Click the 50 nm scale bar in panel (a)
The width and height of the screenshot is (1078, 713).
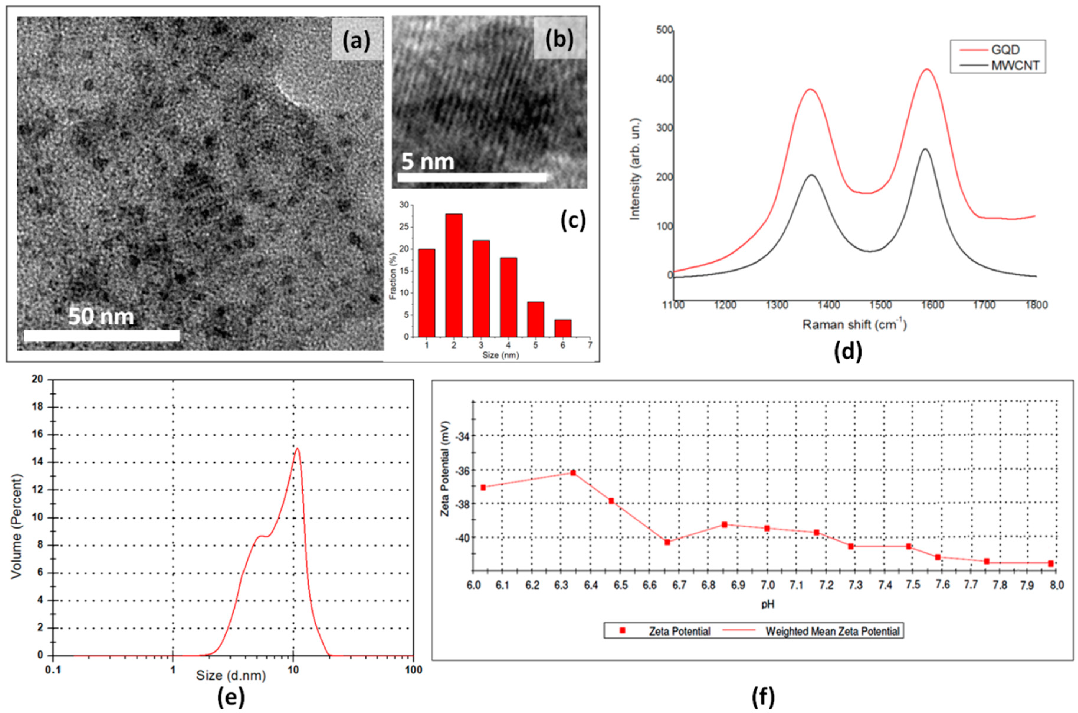102,336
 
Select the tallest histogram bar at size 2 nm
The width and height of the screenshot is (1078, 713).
454,275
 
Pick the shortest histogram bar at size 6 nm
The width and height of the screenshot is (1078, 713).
563,328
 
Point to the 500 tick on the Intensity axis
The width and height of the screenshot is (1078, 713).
664,30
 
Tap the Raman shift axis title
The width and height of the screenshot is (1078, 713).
854,325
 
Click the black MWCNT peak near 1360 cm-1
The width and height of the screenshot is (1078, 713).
811,175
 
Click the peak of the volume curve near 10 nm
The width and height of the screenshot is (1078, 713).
297,449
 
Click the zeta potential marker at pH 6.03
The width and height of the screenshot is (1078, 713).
483,488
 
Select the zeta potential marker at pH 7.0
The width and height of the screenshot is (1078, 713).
767,528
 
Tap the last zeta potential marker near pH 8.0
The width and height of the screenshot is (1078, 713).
1051,563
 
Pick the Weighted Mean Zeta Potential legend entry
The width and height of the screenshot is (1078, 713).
832,631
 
